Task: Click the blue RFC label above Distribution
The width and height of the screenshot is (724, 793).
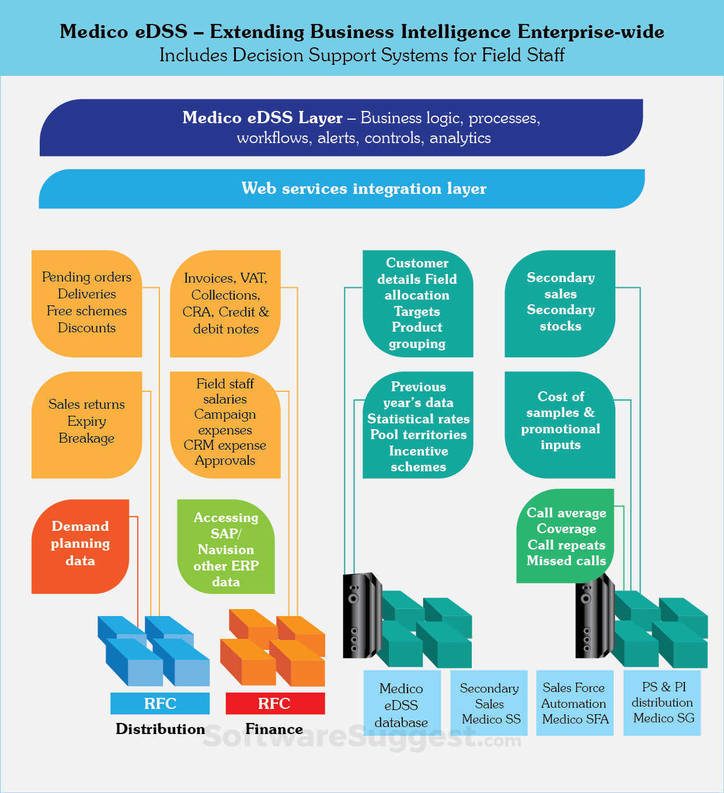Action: (160, 703)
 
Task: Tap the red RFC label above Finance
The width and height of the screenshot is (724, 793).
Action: (274, 703)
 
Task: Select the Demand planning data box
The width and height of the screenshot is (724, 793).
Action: (81, 545)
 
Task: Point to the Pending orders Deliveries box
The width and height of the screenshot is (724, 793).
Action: (86, 303)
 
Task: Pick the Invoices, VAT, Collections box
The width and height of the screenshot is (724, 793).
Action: (225, 304)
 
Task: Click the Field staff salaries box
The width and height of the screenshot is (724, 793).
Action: (225, 424)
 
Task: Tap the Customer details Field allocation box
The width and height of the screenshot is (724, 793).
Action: (417, 304)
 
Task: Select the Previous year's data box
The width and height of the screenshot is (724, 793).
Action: (418, 426)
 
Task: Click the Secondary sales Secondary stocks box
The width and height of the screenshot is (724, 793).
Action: (560, 302)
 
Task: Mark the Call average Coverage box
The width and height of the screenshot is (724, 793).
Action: (566, 536)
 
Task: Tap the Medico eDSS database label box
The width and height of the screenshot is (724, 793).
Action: (402, 705)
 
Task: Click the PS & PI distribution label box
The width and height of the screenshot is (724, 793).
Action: (662, 702)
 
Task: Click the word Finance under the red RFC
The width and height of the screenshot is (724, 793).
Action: (274, 729)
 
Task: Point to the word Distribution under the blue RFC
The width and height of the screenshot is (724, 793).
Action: (160, 729)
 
